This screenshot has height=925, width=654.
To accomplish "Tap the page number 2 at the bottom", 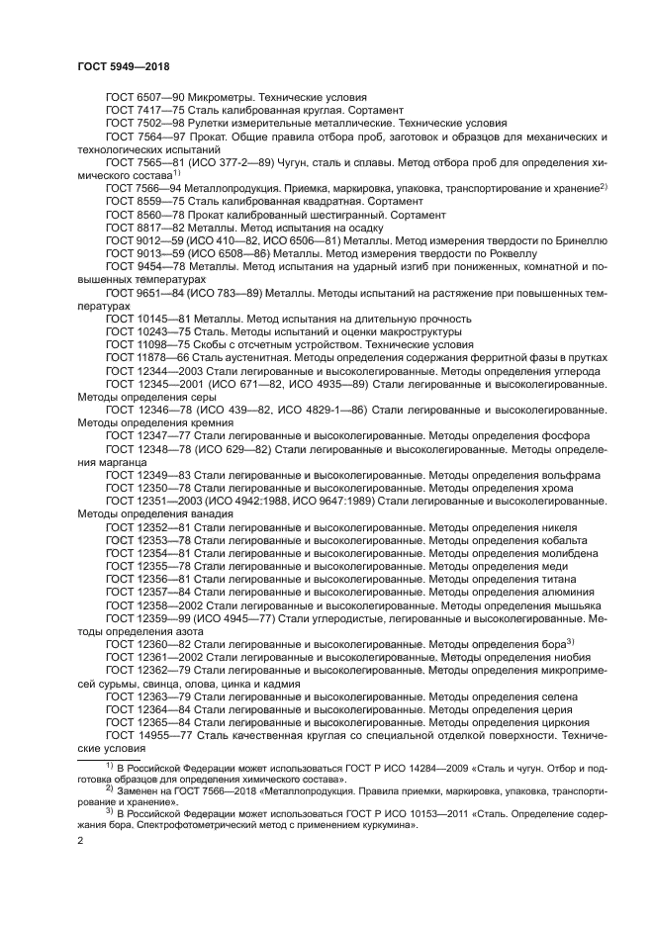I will [x=80, y=841].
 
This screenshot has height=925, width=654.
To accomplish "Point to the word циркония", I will [x=569, y=721].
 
